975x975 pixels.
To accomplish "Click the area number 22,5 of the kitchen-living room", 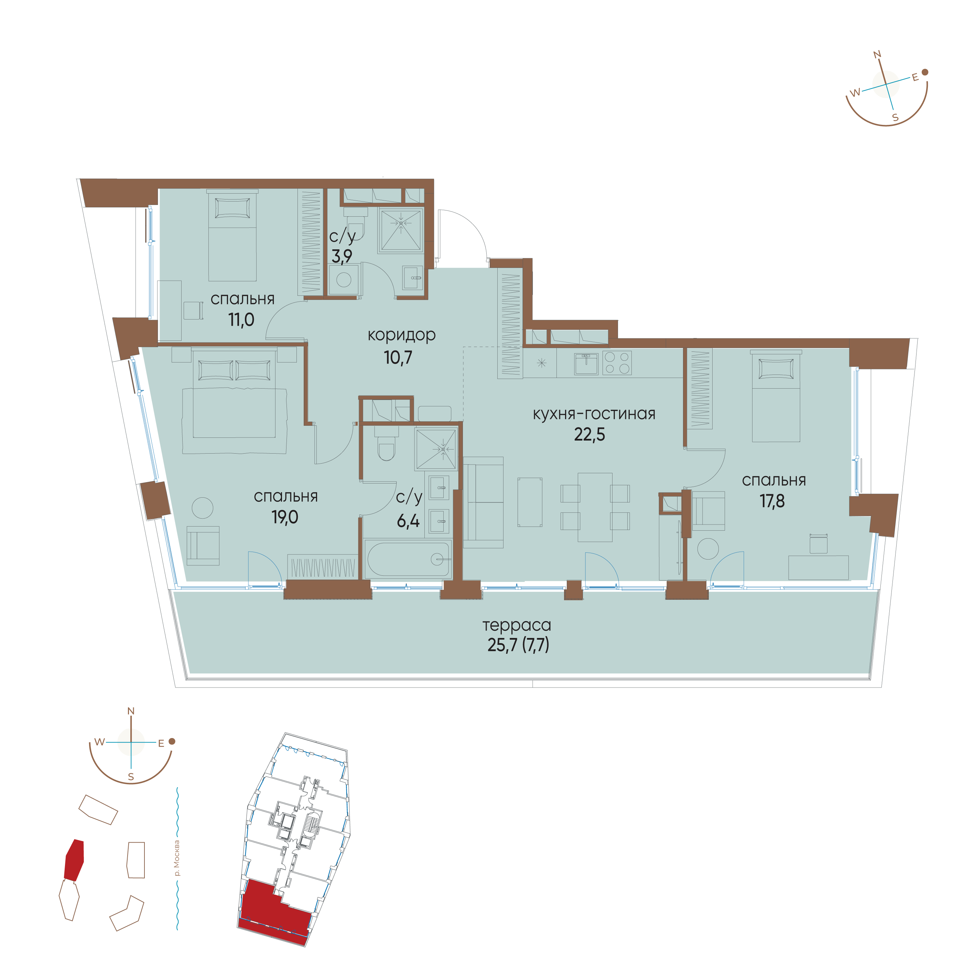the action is tap(589, 434).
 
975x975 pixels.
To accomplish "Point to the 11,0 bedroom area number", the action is tap(241, 320).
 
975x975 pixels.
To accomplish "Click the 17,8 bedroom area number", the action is tap(772, 501).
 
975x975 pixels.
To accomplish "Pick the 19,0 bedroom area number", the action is tap(285, 517).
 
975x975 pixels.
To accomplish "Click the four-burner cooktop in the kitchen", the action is tap(617, 362).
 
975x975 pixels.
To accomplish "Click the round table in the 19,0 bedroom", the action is tap(202, 508).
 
